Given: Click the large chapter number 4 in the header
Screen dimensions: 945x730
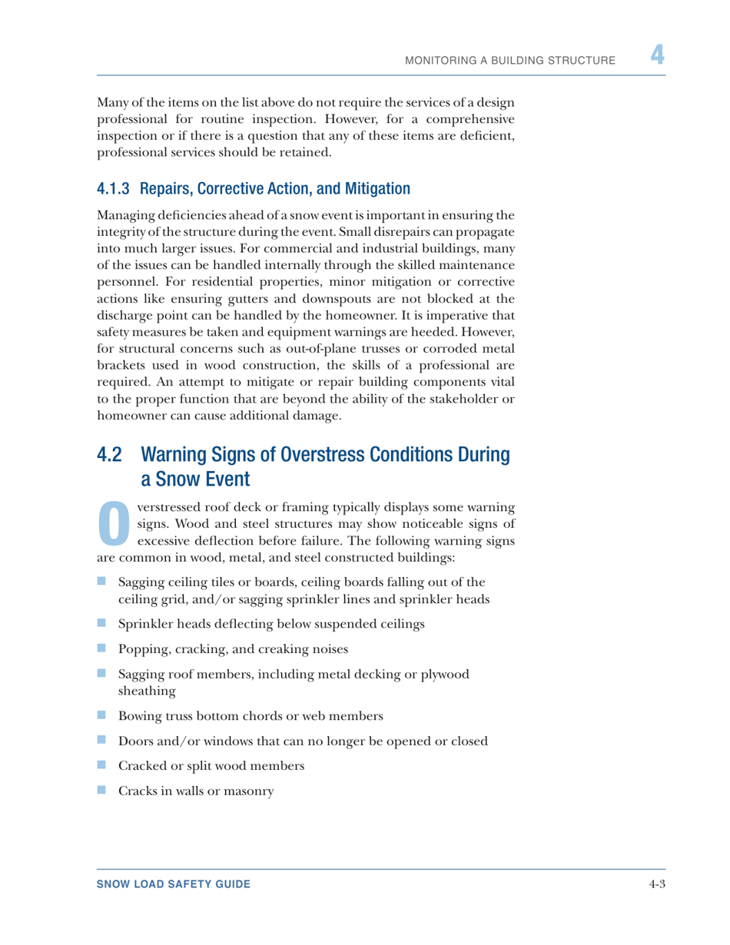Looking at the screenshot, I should coord(656,55).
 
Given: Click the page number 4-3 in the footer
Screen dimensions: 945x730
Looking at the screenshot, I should coord(655,884).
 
